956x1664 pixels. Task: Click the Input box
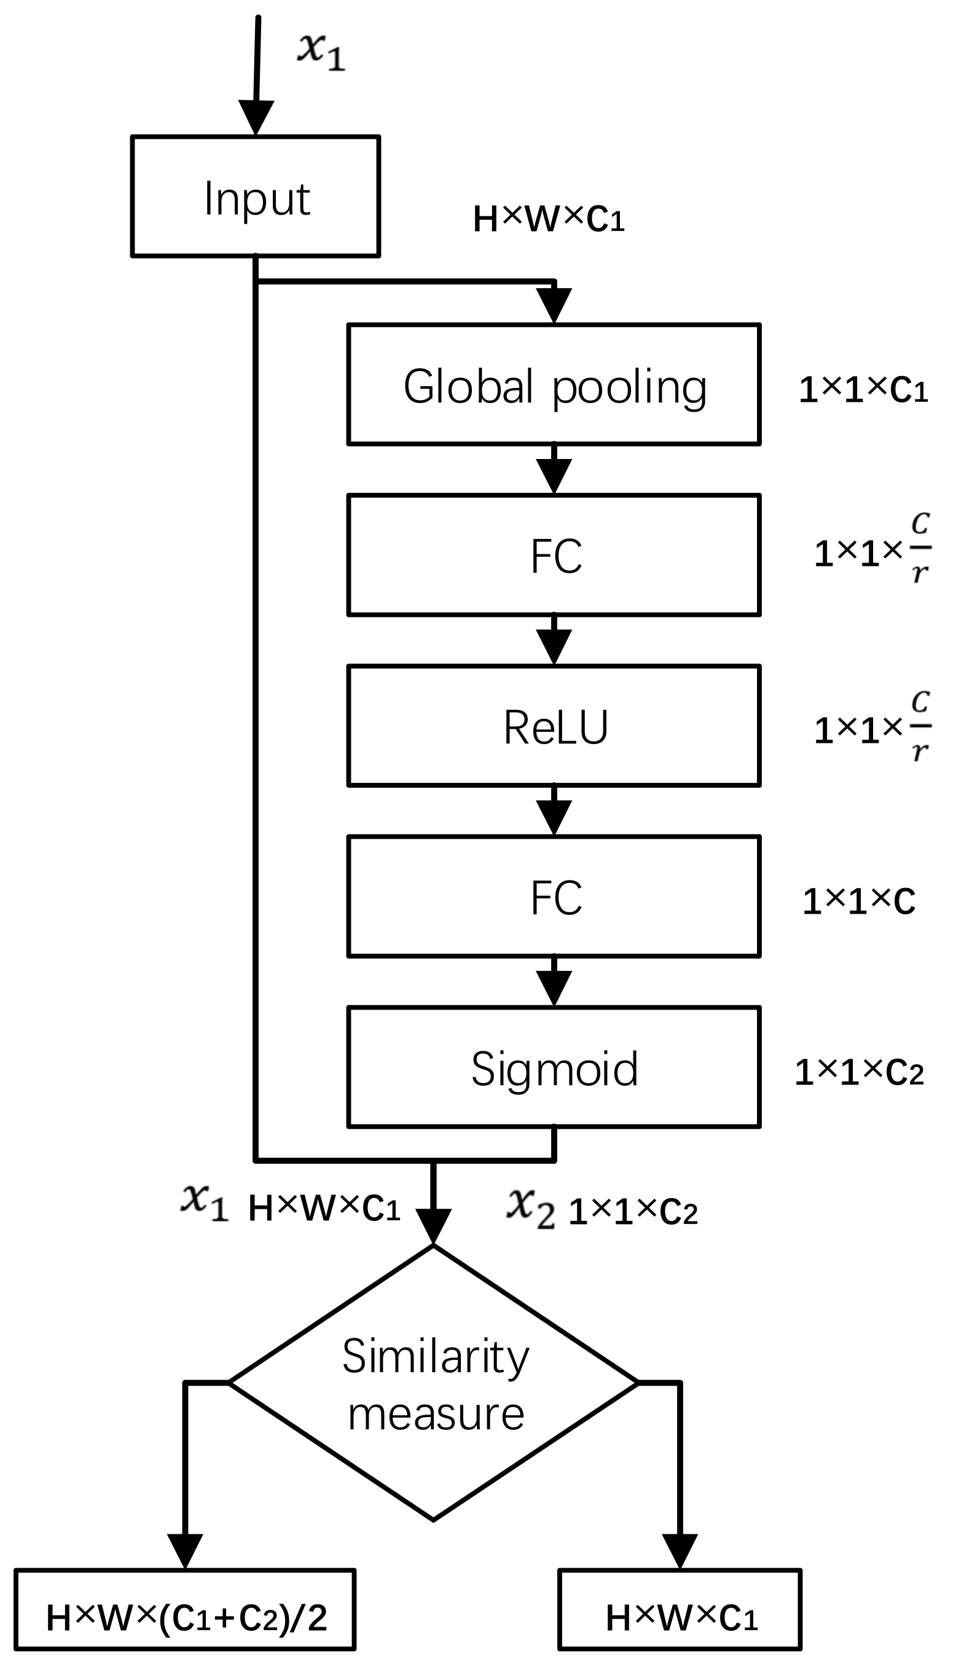(256, 195)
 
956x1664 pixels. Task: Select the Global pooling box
(554, 385)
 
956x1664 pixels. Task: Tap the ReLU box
(554, 726)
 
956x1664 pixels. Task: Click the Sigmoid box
(554, 1067)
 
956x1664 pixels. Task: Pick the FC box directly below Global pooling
(554, 555)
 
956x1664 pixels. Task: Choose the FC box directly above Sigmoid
(554, 897)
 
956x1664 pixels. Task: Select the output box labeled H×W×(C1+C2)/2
(185, 1617)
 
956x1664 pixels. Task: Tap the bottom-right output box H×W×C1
(680, 1617)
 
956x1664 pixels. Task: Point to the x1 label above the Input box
(321, 51)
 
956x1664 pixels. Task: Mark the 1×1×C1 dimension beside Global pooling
(862, 390)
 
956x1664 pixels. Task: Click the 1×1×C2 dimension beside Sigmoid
(858, 1073)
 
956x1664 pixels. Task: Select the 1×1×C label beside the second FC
(858, 901)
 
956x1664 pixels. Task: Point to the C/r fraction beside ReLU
(920, 726)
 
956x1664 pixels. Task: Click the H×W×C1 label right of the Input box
(548, 219)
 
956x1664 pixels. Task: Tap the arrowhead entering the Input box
(256, 118)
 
